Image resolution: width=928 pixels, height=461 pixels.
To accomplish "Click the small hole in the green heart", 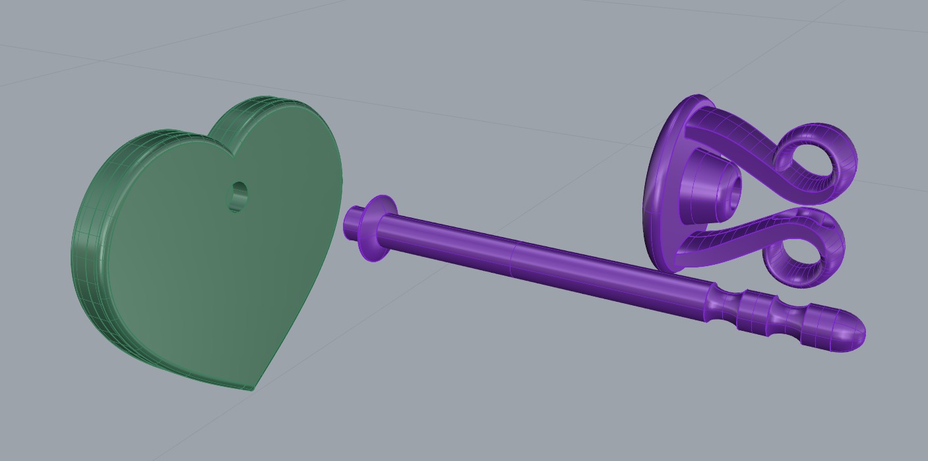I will (238, 196).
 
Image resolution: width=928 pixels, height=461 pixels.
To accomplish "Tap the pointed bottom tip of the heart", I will (253, 388).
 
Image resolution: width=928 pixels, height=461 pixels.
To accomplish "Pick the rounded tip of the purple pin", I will (851, 330).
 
